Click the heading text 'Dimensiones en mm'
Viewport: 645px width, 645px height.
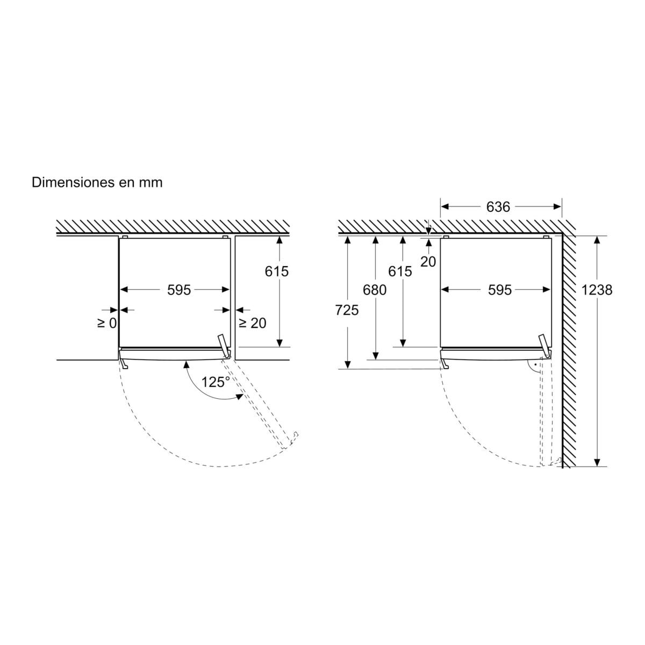(97, 183)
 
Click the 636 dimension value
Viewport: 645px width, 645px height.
(498, 207)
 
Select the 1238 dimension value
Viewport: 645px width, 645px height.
(597, 290)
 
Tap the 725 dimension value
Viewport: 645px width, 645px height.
(347, 310)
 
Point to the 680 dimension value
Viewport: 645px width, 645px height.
(375, 290)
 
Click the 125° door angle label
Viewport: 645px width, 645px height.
(216, 382)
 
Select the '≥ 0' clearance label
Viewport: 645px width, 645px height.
(107, 323)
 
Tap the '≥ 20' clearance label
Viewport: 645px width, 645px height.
(253, 323)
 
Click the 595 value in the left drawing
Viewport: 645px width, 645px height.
(179, 290)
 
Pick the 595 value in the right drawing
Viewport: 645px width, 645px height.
(499, 290)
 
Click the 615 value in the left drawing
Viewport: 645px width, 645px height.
(276, 271)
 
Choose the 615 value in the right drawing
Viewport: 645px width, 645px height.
(400, 271)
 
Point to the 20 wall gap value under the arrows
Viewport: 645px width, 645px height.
(428, 262)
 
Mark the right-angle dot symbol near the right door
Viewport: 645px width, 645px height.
(536, 365)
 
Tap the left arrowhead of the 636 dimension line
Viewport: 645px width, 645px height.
(445, 207)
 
